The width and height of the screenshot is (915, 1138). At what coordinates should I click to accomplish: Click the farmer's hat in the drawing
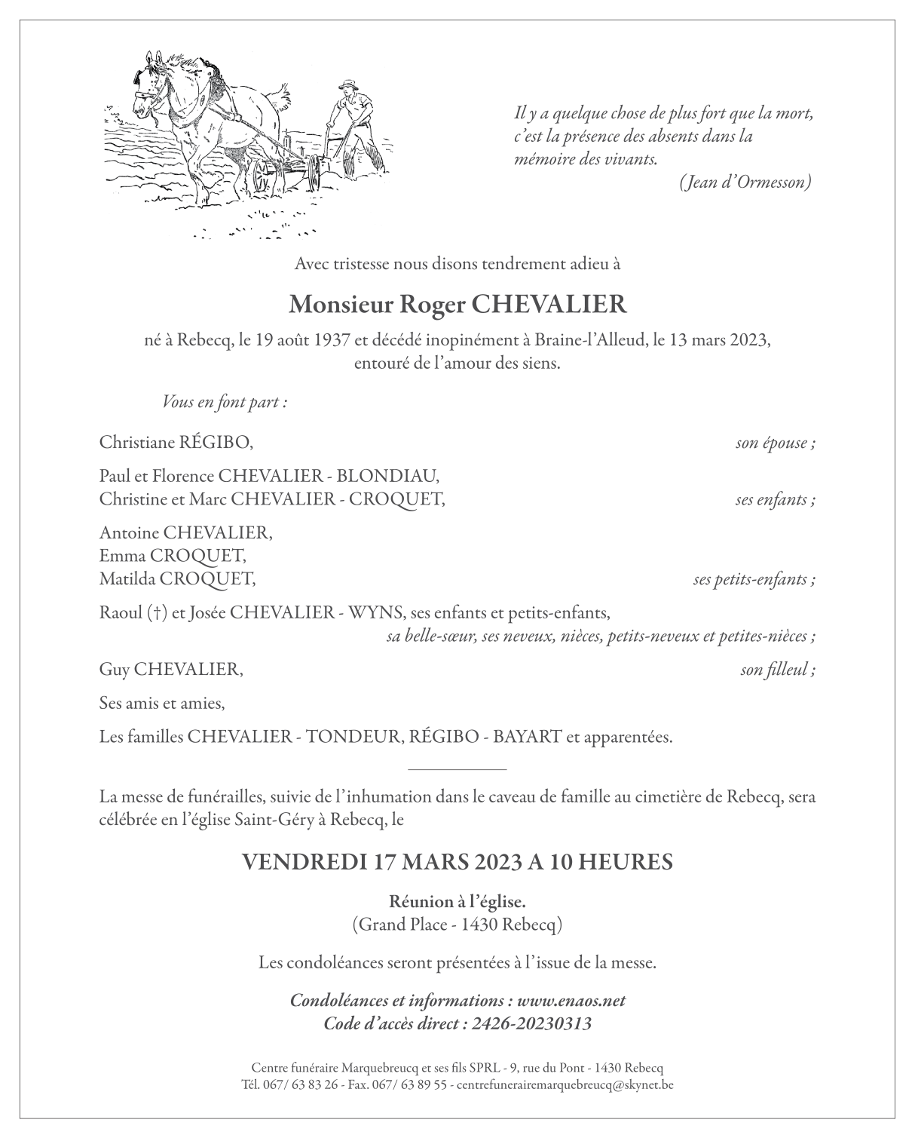pos(347,84)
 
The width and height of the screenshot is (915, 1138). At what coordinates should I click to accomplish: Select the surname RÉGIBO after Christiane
pos(212,443)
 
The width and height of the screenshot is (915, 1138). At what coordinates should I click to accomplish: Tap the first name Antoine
pos(129,533)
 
